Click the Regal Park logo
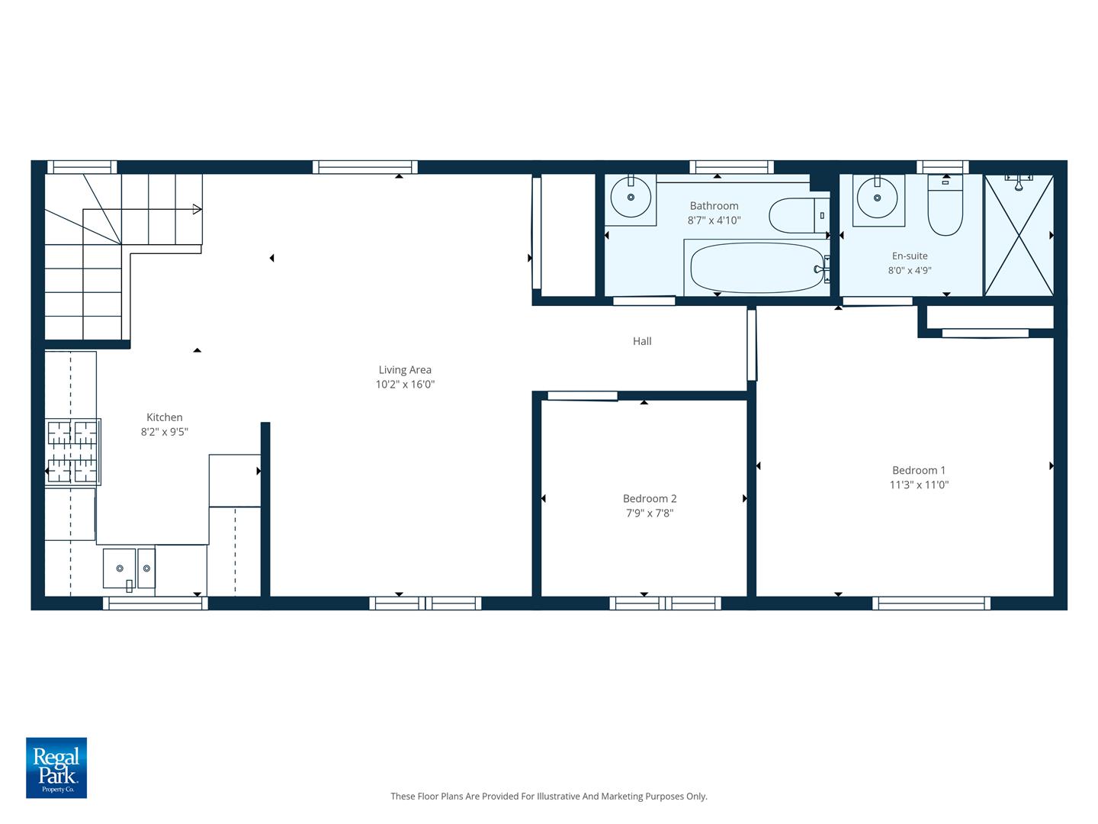pyautogui.click(x=56, y=768)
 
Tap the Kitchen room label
pyautogui.click(x=165, y=417)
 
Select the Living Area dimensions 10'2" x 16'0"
pyautogui.click(x=405, y=385)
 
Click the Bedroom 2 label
pyautogui.click(x=650, y=499)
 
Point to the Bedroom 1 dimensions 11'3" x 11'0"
pyautogui.click(x=919, y=484)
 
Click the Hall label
pyautogui.click(x=642, y=341)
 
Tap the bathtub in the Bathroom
pyautogui.click(x=757, y=268)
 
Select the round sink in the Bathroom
pyautogui.click(x=631, y=197)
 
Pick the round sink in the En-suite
pyautogui.click(x=877, y=198)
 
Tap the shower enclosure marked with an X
pyautogui.click(x=1019, y=235)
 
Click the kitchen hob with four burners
pyautogui.click(x=73, y=452)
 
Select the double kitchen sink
pyautogui.click(x=130, y=569)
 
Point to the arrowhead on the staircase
pyautogui.click(x=197, y=209)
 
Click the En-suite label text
pyautogui.click(x=910, y=256)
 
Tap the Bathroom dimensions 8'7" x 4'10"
pyautogui.click(x=714, y=220)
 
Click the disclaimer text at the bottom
pyautogui.click(x=549, y=796)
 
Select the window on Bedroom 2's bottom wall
pyautogui.click(x=665, y=604)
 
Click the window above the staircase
pyautogui.click(x=82, y=167)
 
